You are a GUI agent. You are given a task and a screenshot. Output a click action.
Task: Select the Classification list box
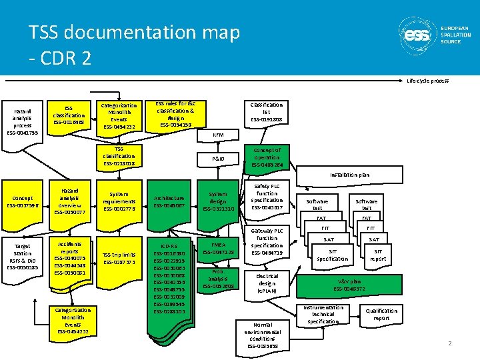click(266, 112)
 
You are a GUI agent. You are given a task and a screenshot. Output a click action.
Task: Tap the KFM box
click(217, 135)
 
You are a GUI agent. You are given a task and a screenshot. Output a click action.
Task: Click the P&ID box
click(217, 159)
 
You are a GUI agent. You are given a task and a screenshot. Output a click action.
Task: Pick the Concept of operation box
click(266, 157)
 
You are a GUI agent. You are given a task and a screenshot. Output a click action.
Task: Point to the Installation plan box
click(349, 175)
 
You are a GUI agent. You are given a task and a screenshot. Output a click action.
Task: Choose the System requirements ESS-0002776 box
click(119, 201)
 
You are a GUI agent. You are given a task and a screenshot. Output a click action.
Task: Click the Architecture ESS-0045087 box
click(169, 201)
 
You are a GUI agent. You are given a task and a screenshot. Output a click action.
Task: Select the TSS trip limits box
click(119, 258)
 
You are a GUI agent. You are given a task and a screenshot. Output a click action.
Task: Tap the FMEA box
click(218, 249)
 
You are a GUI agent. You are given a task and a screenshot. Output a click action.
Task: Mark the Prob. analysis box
click(218, 279)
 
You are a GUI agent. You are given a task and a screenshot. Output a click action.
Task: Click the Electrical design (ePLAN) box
click(267, 283)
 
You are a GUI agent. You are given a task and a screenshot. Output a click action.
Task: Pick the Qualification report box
click(381, 315)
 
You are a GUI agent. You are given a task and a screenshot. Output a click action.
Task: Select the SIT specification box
click(333, 255)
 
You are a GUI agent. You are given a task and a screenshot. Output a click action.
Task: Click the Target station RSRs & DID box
click(22, 257)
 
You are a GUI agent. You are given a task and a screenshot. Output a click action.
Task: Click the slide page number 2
click(450, 343)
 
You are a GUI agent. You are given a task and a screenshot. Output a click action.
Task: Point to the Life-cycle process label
click(427, 81)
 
